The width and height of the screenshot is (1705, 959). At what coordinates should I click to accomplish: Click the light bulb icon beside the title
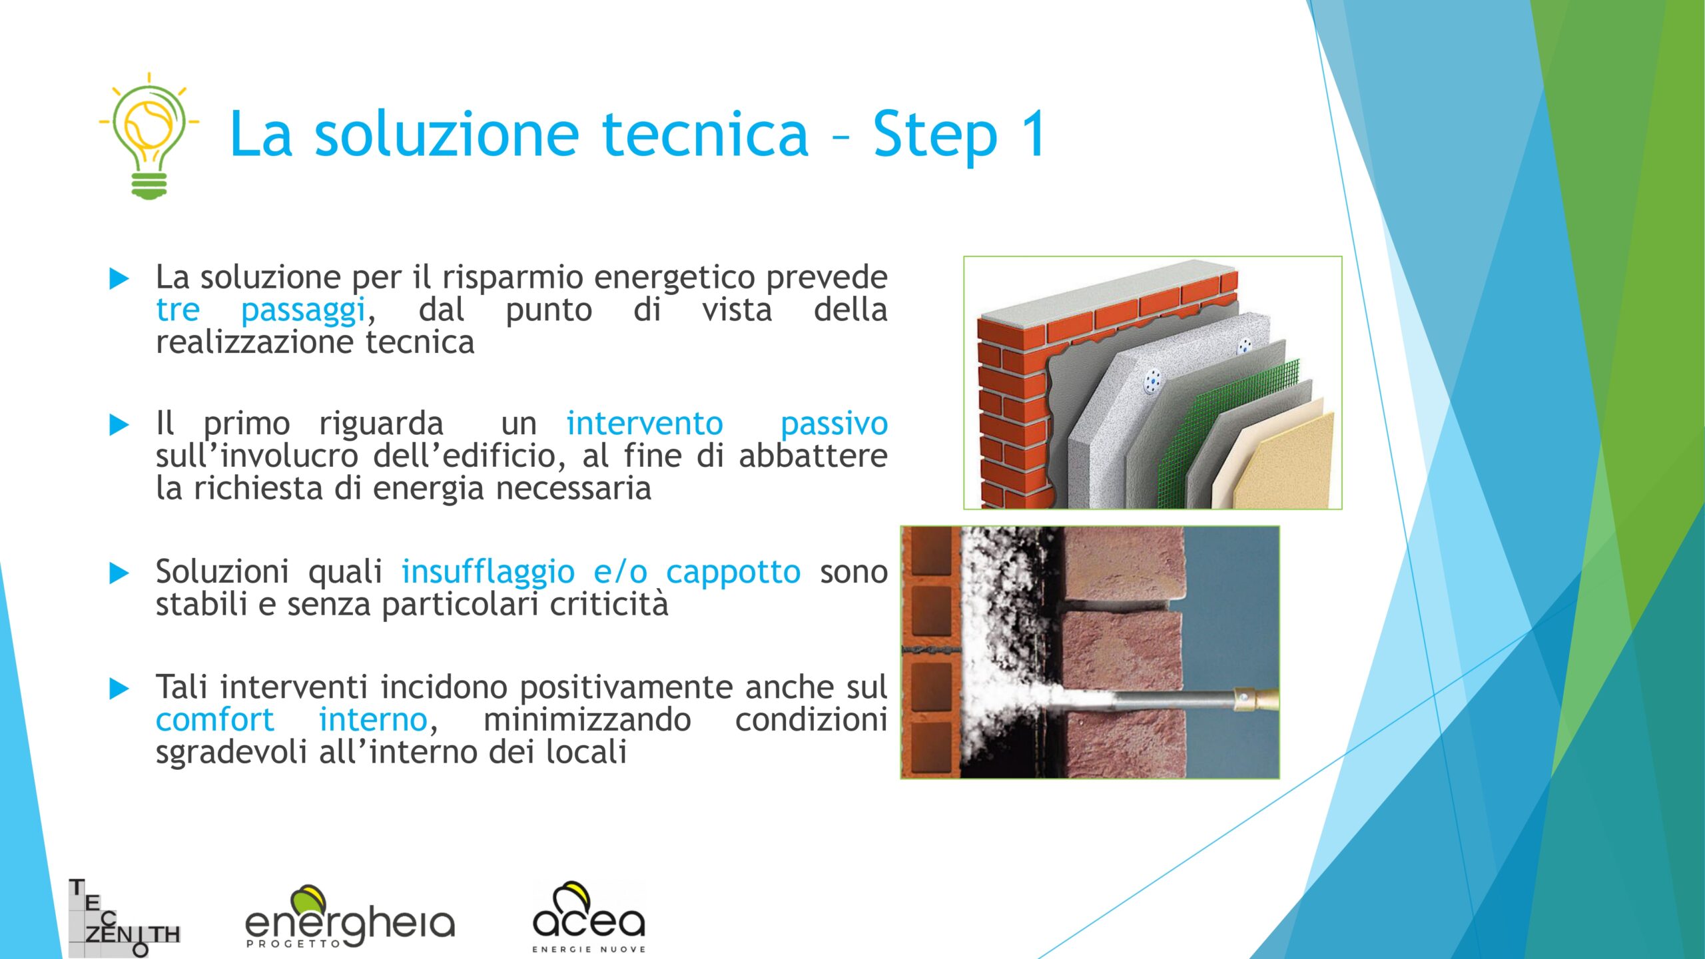tap(149, 136)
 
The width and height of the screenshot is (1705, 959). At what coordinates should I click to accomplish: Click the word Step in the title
tap(935, 135)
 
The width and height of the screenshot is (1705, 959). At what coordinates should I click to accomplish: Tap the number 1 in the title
tap(1032, 133)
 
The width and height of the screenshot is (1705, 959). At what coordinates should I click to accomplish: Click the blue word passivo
tap(834, 424)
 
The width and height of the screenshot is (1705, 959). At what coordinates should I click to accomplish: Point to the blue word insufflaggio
tap(488, 572)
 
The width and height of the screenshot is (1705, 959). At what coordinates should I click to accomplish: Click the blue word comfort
tap(214, 719)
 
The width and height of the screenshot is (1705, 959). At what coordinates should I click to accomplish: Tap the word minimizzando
tap(587, 719)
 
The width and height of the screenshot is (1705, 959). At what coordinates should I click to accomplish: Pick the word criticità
tap(609, 604)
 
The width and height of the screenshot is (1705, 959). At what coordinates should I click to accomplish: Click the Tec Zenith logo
tap(125, 918)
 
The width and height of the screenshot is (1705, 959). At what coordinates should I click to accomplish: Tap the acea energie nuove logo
tap(589, 917)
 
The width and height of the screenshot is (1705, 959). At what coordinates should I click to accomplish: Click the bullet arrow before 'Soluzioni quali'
tap(119, 573)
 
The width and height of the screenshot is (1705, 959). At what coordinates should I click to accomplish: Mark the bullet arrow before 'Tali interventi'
tap(119, 688)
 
